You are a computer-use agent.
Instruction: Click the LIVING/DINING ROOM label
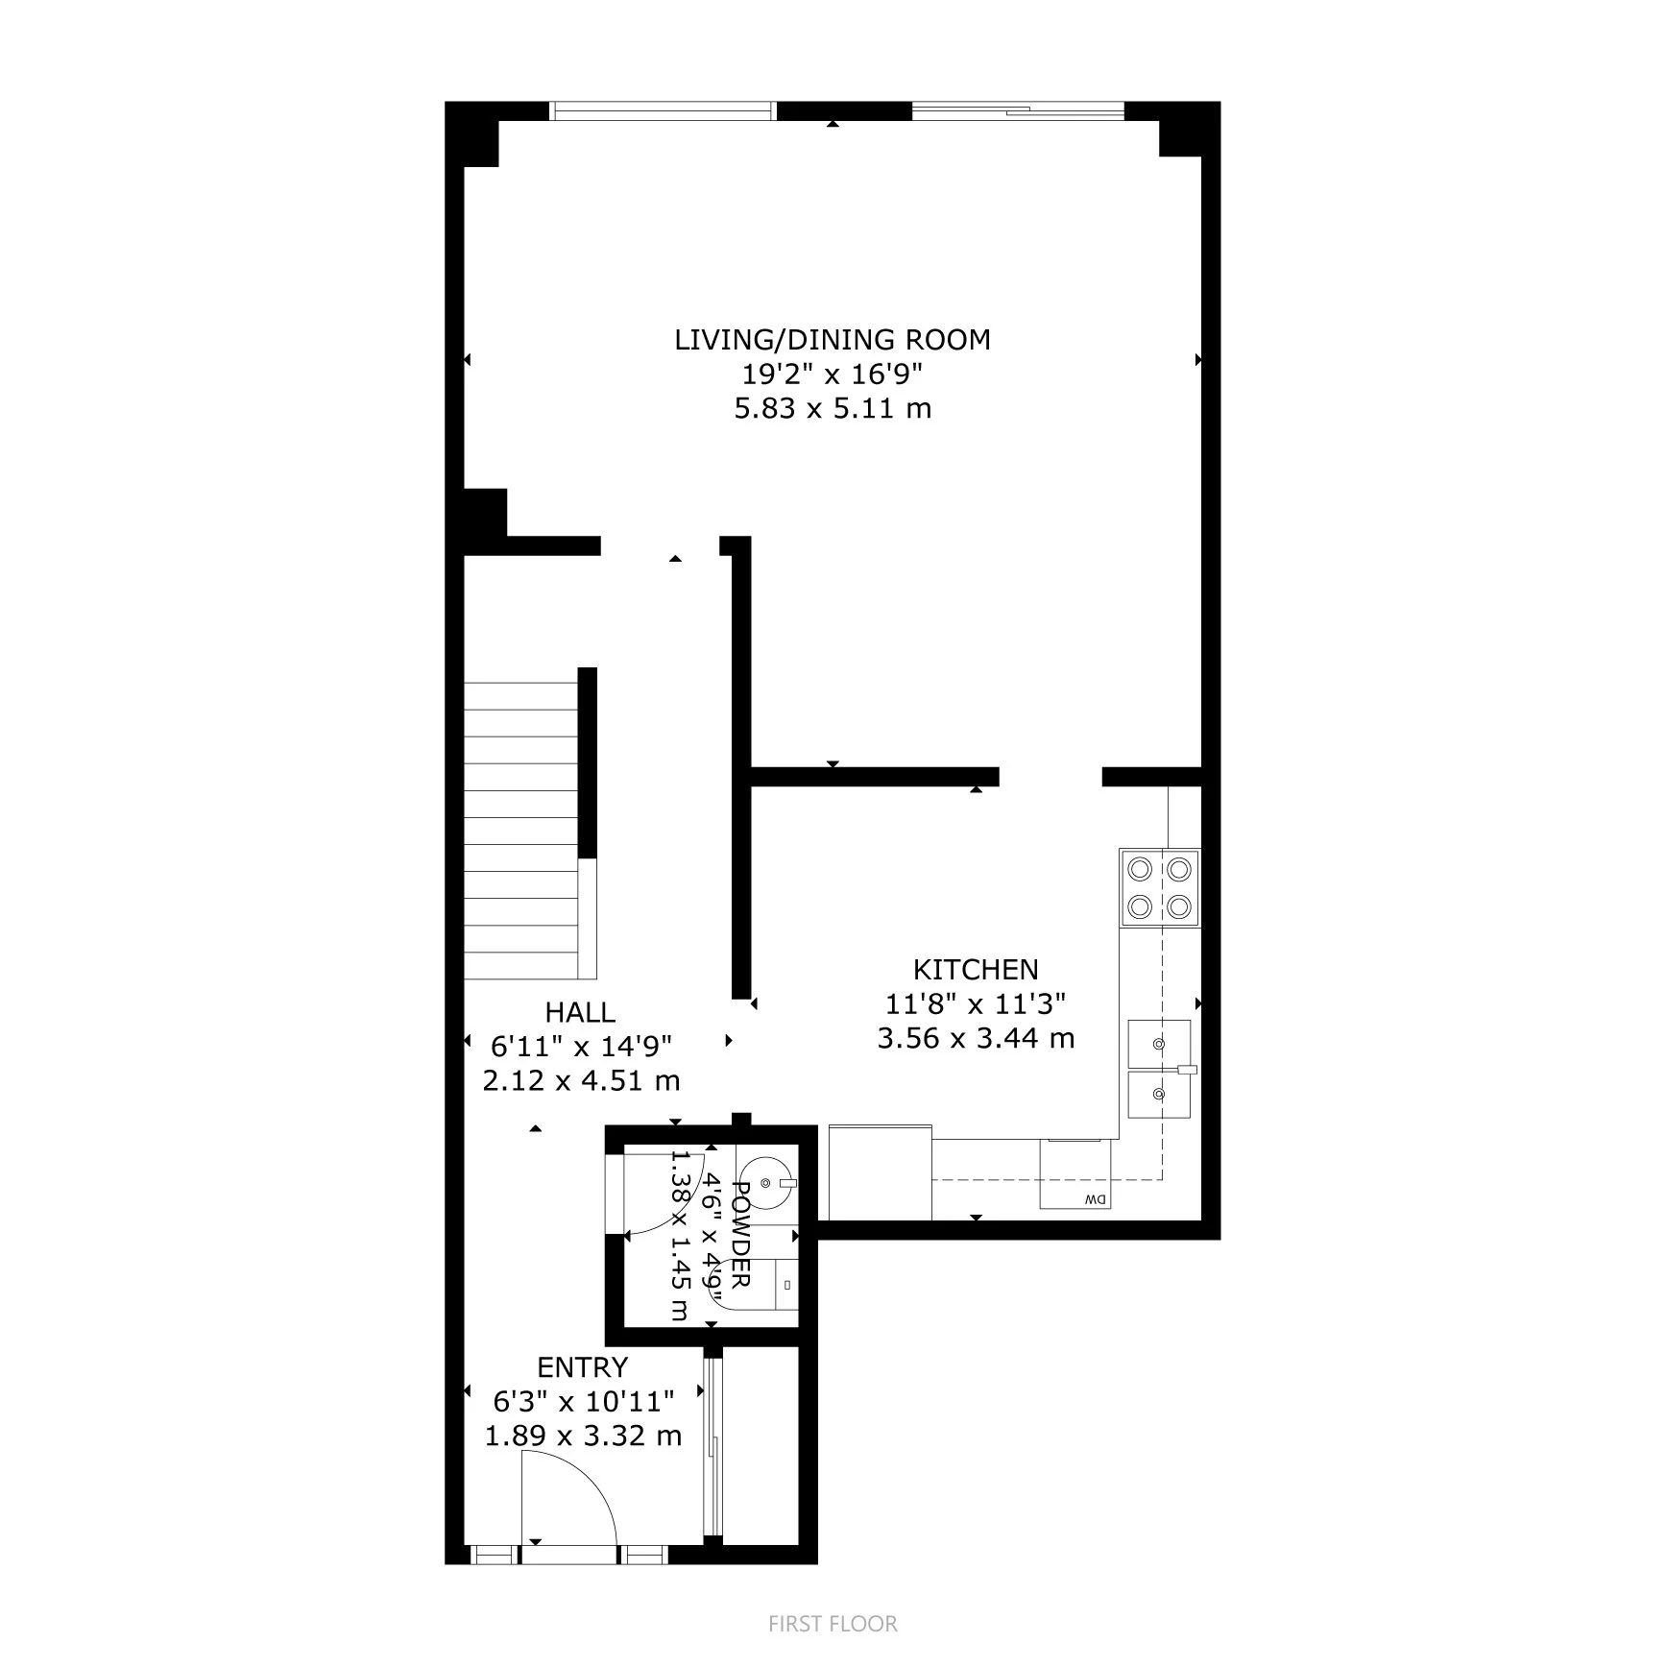click(832, 340)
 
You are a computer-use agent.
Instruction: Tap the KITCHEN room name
click(976, 969)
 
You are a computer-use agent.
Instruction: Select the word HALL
click(580, 1012)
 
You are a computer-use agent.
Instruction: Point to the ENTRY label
click(582, 1367)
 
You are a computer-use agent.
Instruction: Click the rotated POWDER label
click(741, 1235)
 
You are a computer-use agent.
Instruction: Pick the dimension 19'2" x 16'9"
click(832, 374)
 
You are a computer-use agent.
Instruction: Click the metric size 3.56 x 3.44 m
click(976, 1038)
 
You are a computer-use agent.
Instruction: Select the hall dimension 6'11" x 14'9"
click(580, 1047)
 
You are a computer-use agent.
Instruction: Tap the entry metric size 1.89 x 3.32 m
click(582, 1437)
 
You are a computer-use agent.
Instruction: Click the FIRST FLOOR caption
click(833, 1624)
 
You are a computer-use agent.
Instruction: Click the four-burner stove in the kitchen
click(1159, 887)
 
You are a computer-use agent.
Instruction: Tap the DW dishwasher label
click(1095, 1199)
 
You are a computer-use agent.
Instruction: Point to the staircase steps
click(521, 831)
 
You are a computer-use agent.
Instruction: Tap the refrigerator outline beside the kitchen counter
click(880, 1172)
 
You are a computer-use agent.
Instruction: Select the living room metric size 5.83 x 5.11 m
click(832, 409)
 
